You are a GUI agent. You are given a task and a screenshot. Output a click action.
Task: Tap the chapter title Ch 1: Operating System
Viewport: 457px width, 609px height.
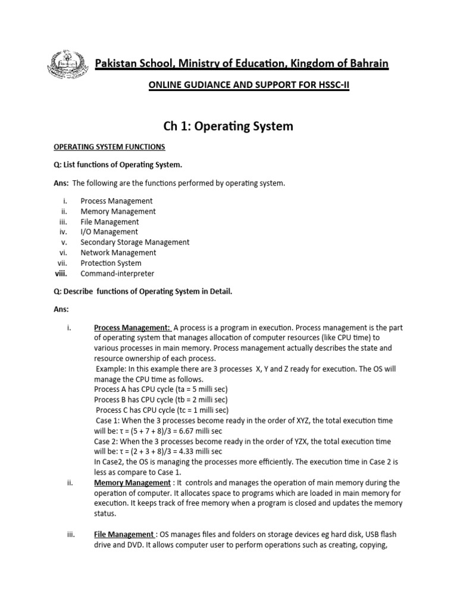pyautogui.click(x=228, y=126)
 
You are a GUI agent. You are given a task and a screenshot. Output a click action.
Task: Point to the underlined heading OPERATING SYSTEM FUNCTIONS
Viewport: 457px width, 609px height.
pyautogui.click(x=110, y=147)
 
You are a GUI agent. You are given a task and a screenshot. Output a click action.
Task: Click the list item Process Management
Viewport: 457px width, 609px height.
pyautogui.click(x=117, y=201)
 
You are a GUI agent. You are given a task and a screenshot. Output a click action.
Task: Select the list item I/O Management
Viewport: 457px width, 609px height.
pyautogui.click(x=109, y=232)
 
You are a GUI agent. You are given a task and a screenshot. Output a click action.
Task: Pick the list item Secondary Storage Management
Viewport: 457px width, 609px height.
pyautogui.click(x=135, y=242)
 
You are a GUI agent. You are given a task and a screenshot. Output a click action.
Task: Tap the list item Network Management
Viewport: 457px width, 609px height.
pyautogui.click(x=118, y=253)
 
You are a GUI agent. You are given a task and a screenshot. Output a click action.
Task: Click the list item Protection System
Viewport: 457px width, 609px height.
pyautogui.click(x=111, y=263)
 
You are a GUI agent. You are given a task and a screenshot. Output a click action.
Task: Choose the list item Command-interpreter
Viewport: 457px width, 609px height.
pyautogui.click(x=117, y=274)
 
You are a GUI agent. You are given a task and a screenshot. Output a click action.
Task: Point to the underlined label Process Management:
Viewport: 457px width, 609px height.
pyautogui.click(x=132, y=327)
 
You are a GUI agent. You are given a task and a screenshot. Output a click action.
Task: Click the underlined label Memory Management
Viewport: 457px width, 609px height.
pyautogui.click(x=132, y=483)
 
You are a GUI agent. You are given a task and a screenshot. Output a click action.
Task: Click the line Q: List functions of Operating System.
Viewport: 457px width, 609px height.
pyautogui.click(x=115, y=165)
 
